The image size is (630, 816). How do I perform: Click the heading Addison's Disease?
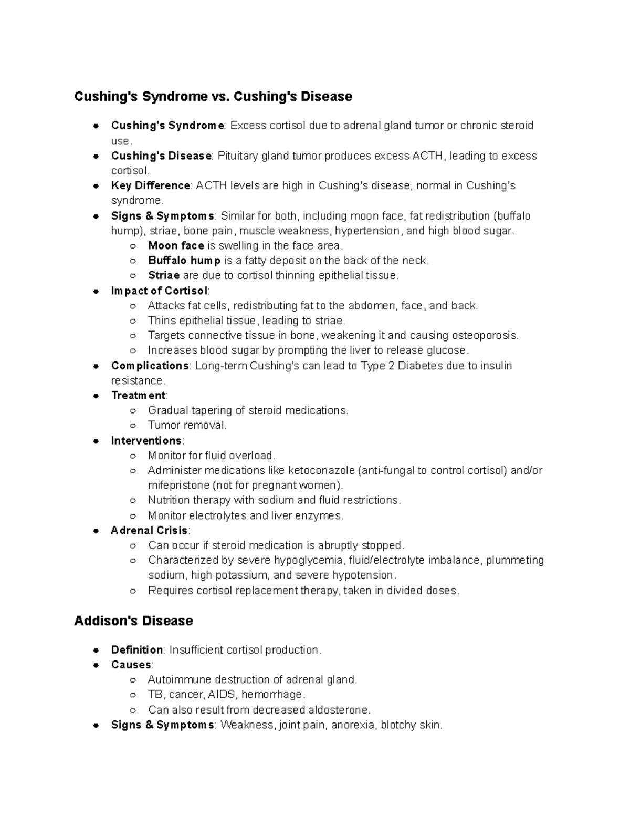click(x=133, y=621)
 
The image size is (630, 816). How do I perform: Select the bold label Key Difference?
click(x=150, y=185)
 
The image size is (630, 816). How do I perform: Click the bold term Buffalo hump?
click(x=184, y=260)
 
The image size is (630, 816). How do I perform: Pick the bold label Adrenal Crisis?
click(x=149, y=530)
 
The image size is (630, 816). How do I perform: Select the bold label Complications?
click(x=150, y=366)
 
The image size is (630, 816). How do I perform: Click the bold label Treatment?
click(x=138, y=395)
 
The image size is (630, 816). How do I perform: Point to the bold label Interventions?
click(x=146, y=440)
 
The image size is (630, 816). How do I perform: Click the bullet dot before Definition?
click(x=96, y=650)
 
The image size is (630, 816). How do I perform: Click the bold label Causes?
click(x=131, y=665)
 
